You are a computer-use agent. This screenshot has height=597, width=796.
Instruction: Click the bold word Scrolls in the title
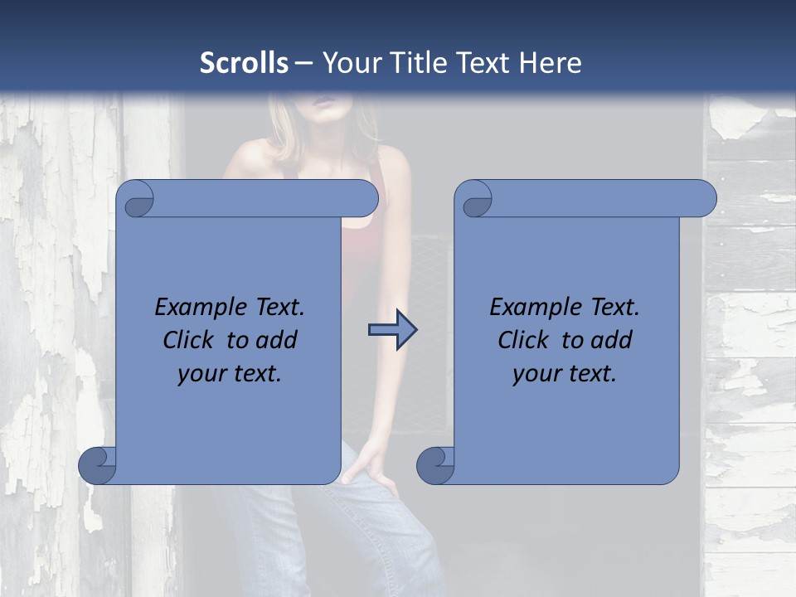click(245, 62)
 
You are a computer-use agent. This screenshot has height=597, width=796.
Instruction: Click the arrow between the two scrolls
click(392, 331)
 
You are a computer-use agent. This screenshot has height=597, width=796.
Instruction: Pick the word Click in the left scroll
click(188, 340)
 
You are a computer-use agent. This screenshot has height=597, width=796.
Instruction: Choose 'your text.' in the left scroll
click(230, 374)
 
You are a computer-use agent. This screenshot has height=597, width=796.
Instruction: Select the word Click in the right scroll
click(523, 340)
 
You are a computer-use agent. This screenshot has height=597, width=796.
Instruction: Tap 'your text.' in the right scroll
click(565, 374)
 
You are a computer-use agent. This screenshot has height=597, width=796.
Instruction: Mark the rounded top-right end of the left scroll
click(366, 199)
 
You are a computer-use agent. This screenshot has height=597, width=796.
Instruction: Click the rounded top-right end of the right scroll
click(704, 199)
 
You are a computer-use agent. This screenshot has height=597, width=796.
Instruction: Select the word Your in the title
click(349, 62)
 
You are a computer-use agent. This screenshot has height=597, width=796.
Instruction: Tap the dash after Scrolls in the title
click(304, 62)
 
